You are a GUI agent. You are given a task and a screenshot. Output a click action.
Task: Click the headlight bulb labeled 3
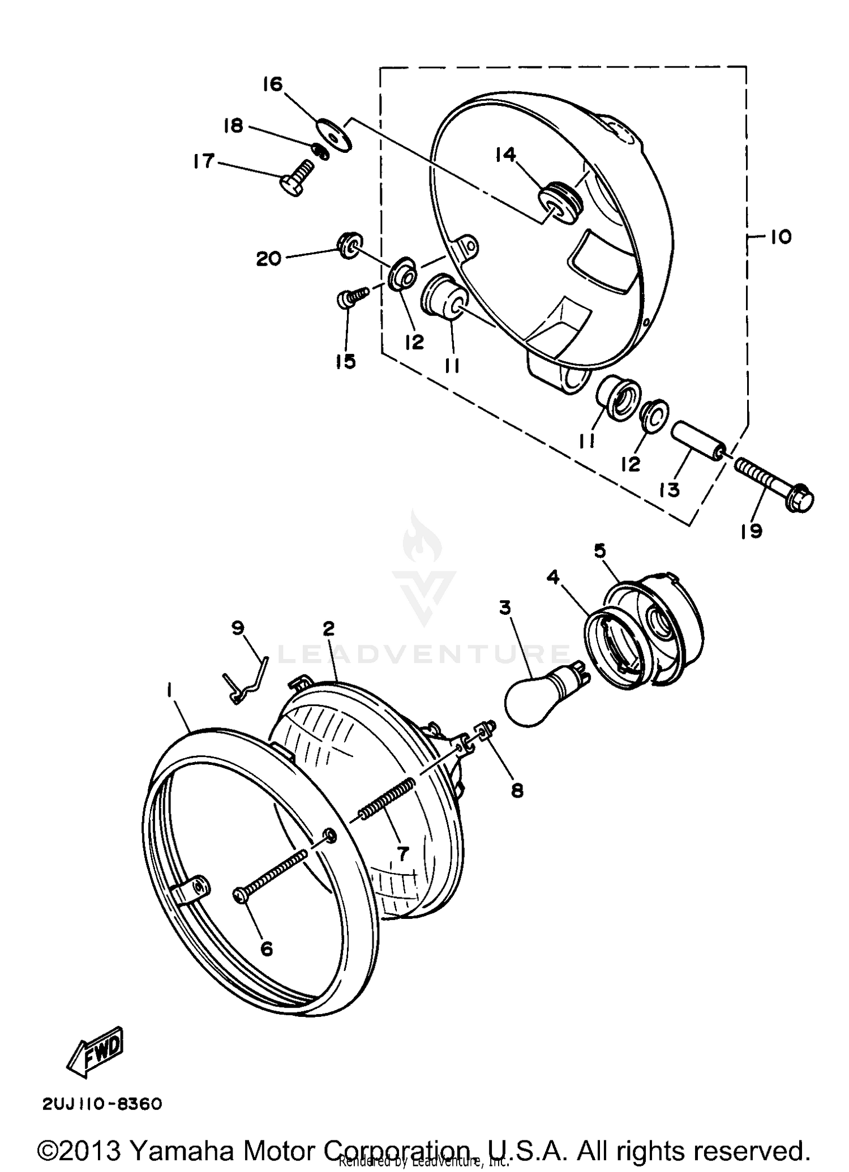tap(535, 696)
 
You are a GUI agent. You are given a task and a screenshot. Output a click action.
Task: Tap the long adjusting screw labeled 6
tap(272, 874)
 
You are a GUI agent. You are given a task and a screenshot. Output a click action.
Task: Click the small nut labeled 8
tap(488, 729)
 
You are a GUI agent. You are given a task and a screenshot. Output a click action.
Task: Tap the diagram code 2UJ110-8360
tap(102, 1104)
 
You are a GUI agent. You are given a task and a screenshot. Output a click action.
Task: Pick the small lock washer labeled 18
tap(321, 152)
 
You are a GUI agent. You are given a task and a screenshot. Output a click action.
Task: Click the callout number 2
tap(328, 628)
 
